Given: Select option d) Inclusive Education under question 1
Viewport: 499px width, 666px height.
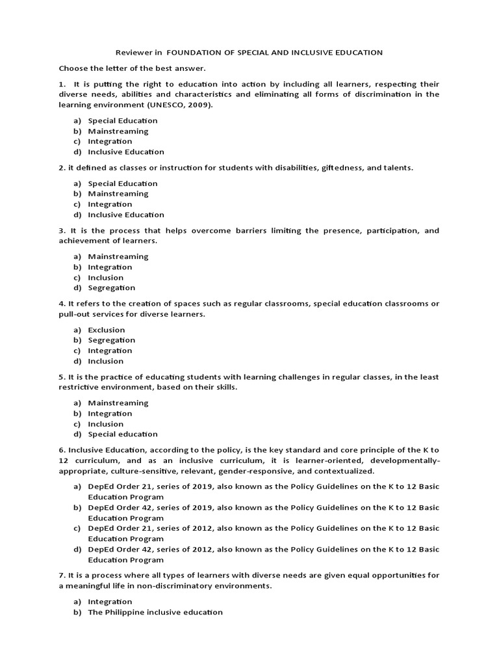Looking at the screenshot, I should coord(126,152).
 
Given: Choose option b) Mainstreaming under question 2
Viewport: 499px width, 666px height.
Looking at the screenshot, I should coord(118,193).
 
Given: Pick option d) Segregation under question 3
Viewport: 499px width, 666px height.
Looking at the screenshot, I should coord(112,287).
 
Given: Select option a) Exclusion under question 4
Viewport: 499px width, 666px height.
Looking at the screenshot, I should coord(107,330).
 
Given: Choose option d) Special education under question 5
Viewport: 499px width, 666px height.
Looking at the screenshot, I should coord(123,434).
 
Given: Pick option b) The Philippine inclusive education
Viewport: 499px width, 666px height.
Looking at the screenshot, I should coord(155,612).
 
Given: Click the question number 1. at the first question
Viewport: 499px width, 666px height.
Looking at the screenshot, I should coord(62,84).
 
